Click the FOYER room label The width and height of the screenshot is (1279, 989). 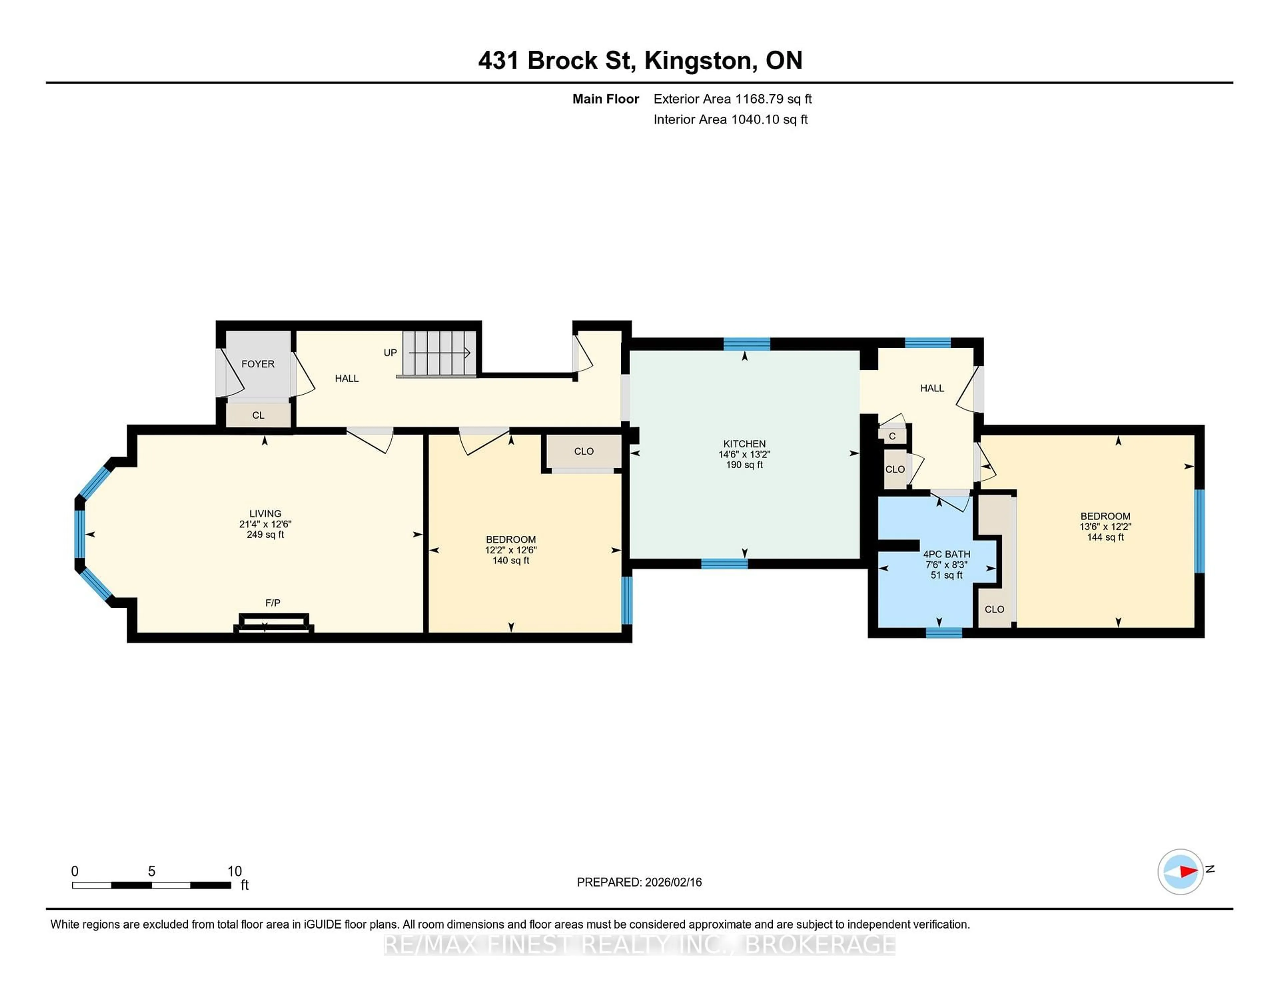coord(258,364)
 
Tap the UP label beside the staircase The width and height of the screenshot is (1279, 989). coord(390,353)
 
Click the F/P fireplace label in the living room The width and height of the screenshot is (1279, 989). coord(273,602)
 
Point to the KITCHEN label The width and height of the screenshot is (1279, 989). coord(744,444)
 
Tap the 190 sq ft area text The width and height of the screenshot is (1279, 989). coord(744,465)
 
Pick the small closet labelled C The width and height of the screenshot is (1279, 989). coord(892,436)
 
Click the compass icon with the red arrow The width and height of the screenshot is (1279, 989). coord(1180,871)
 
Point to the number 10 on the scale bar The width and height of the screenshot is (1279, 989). coord(234,871)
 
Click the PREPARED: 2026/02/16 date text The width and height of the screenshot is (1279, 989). coord(639,882)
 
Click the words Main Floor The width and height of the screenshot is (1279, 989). coord(606,99)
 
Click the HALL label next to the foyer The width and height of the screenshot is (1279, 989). coord(347,379)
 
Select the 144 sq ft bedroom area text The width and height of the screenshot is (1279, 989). coord(1105,537)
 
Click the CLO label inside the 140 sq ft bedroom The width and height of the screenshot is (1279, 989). coord(584,451)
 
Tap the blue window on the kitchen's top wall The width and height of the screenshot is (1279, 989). coord(747,344)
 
